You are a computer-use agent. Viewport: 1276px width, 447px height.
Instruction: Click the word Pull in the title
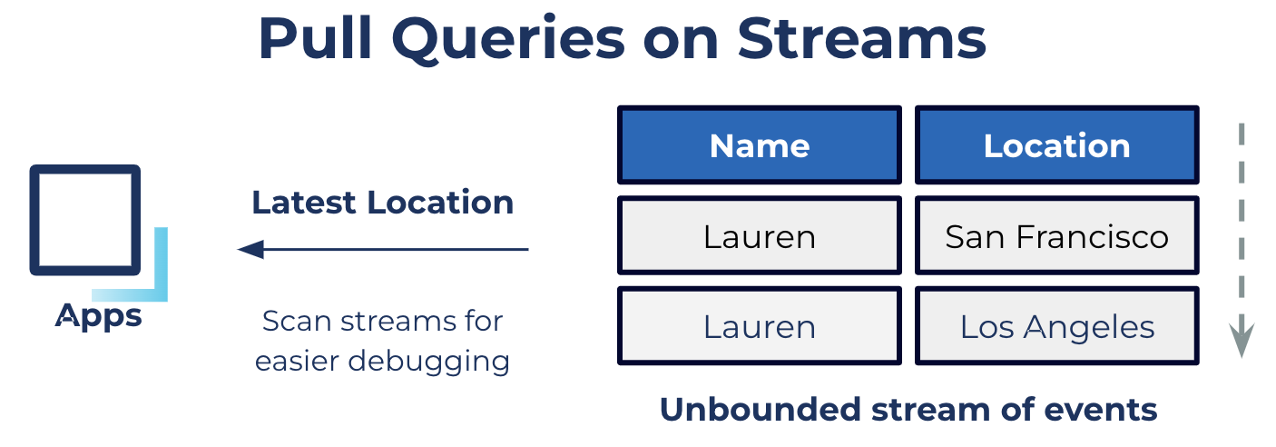(315, 39)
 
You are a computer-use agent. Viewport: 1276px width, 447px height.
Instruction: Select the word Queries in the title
(508, 41)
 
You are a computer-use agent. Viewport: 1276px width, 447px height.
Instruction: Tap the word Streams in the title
(862, 38)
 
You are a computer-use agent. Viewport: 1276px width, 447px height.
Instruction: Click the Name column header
(760, 144)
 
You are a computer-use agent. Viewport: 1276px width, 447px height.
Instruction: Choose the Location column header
(1056, 144)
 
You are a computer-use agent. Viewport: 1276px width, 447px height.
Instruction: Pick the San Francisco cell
(1056, 235)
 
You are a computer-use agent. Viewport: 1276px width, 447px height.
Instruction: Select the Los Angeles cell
(1056, 325)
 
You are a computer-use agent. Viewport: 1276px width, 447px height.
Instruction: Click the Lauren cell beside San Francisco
(760, 235)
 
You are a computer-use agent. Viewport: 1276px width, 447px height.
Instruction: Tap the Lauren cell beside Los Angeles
(760, 325)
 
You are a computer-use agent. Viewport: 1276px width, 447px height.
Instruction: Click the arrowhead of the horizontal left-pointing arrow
(250, 249)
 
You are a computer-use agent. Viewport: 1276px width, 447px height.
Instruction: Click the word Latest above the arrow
(304, 203)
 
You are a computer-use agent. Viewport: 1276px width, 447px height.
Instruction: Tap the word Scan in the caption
(297, 321)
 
